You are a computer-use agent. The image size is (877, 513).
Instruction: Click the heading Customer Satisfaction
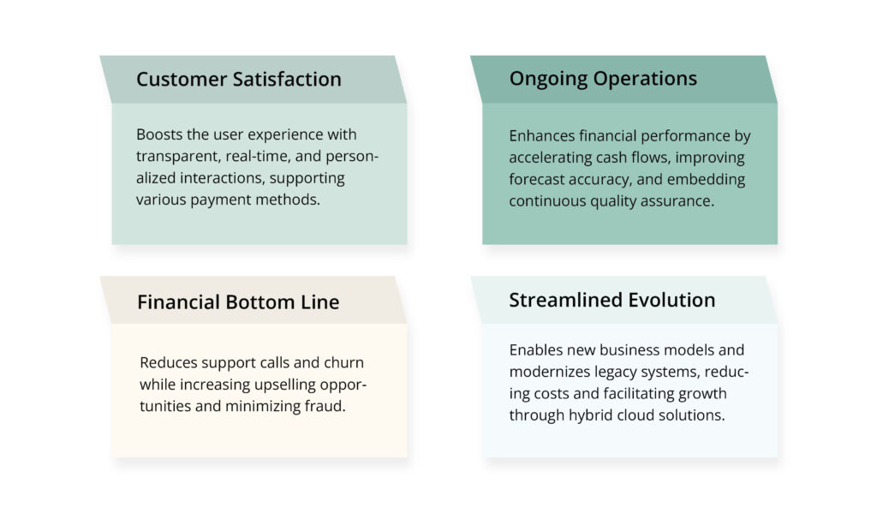pos(238,80)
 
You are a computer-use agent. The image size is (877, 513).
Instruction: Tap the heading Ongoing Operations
pos(603,79)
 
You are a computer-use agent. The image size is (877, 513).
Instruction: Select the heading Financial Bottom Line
pos(238,302)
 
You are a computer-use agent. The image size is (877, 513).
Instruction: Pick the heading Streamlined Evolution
pos(612,301)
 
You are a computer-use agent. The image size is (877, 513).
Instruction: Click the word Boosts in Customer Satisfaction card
pos(158,134)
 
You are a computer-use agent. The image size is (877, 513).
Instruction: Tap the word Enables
pos(534,349)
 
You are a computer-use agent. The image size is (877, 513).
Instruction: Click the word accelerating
pos(551,158)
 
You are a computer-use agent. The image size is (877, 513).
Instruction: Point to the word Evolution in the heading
pos(671,301)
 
